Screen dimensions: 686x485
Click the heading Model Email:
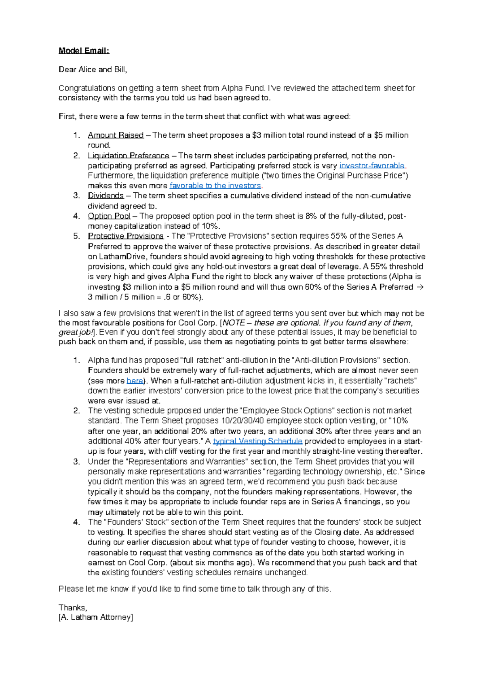pyautogui.click(x=84, y=51)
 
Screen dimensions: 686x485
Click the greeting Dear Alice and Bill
pyautogui.click(x=93, y=69)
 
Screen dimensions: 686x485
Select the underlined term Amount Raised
pyautogui.click(x=116, y=135)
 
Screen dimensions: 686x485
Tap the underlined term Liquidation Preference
pyautogui.click(x=129, y=156)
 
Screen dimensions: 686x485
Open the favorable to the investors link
pyautogui.click(x=215, y=186)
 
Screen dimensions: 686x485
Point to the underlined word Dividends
pyautogui.click(x=105, y=196)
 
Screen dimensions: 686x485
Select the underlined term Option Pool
pyautogui.click(x=109, y=216)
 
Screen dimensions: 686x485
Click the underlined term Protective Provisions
pyautogui.click(x=126, y=236)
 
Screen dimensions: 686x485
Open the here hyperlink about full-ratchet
pyautogui.click(x=135, y=381)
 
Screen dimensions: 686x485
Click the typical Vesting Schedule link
pyautogui.click(x=257, y=441)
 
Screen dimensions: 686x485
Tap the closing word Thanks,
pyautogui.click(x=73, y=608)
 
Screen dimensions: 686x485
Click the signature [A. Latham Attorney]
pyautogui.click(x=96, y=617)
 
